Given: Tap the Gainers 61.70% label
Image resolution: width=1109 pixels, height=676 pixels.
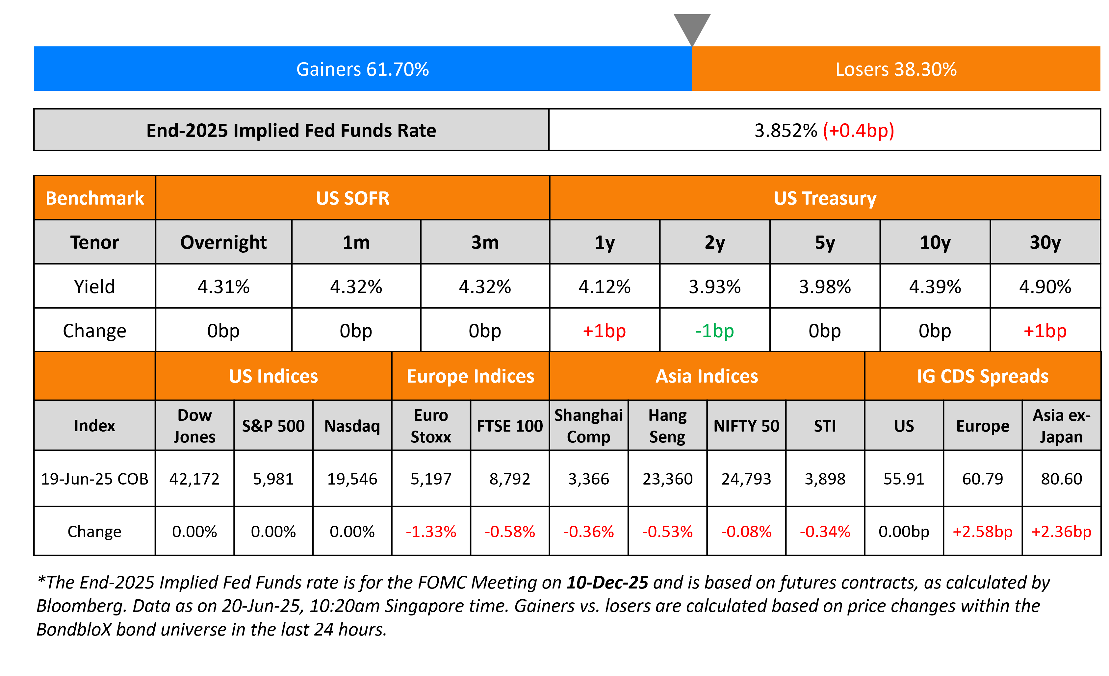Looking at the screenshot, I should tap(362, 69).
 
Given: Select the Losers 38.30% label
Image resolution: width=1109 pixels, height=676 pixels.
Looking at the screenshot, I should tap(896, 69).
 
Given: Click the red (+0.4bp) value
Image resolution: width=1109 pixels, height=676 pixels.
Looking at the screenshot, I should tap(858, 131).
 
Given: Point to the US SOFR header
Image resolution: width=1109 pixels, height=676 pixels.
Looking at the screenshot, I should tap(352, 198).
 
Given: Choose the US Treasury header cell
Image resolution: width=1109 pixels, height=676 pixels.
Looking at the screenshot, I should tap(825, 198).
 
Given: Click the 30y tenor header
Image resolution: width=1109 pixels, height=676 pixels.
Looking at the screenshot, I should tap(1045, 242).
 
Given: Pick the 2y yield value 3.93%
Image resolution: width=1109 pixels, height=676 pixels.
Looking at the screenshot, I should tap(715, 287).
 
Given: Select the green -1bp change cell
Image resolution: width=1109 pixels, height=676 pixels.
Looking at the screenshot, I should tap(715, 331).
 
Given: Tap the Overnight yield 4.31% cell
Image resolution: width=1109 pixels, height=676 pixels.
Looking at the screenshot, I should tap(223, 287).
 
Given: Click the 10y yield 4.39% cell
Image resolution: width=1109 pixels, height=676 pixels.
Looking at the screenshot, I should tap(935, 287).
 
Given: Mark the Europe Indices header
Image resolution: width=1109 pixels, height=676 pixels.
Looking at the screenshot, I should tap(470, 376).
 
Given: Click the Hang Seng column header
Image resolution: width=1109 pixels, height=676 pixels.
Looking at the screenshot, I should tap(667, 425).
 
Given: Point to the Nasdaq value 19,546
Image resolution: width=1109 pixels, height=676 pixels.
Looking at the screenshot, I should tap(352, 479).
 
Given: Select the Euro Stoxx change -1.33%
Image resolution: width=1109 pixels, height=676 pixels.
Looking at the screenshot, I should tap(431, 532).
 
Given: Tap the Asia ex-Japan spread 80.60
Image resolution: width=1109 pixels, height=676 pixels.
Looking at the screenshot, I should tap(1061, 479).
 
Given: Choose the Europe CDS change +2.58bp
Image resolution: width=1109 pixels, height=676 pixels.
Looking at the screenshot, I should tap(983, 532).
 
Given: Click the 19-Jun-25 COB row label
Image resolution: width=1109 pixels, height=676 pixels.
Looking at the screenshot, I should tap(94, 479).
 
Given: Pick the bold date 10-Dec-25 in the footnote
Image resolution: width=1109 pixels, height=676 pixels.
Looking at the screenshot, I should tap(607, 583).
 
